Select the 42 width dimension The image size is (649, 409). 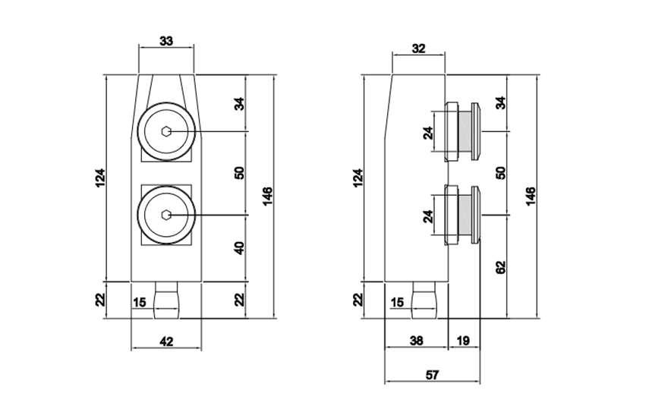[x=167, y=341]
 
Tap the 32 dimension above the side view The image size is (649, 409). [x=418, y=49]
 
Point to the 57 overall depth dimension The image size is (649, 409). [x=433, y=374]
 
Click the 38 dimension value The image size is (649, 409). [x=417, y=341]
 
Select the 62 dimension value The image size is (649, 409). [x=500, y=267]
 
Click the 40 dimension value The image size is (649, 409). [x=239, y=247]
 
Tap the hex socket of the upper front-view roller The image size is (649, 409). [x=167, y=132]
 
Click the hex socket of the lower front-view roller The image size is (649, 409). [x=167, y=216]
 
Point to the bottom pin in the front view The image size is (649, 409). [x=167, y=302]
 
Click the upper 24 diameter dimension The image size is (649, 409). [x=428, y=133]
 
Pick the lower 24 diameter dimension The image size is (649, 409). [x=428, y=216]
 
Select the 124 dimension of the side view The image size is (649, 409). [x=358, y=177]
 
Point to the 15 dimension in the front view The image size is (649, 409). [x=140, y=303]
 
